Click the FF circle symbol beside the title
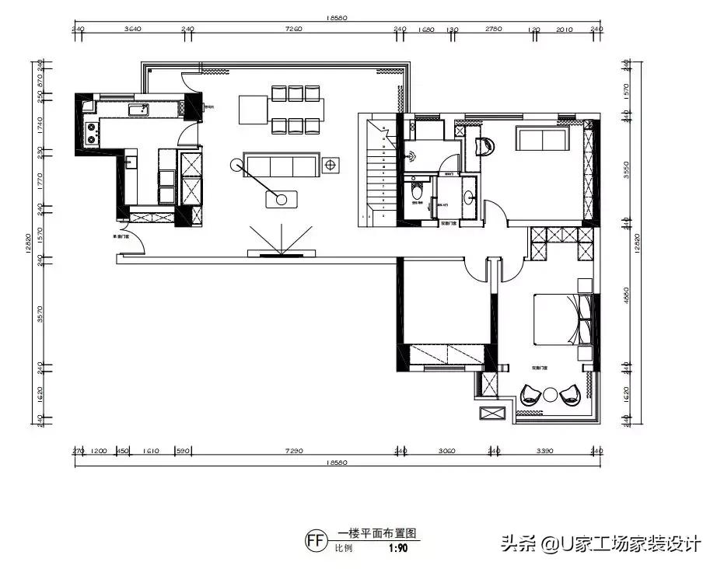pyautogui.click(x=316, y=540)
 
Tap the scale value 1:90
pyautogui.click(x=397, y=547)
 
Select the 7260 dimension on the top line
pyautogui.click(x=293, y=29)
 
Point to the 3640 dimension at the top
pyautogui.click(x=133, y=29)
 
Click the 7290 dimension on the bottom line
pyautogui.click(x=294, y=450)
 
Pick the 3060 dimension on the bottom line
pyautogui.click(x=446, y=450)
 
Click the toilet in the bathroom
pyautogui.click(x=417, y=190)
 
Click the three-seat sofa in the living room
pyautogui.click(x=279, y=165)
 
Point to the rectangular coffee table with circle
pyautogui.click(x=282, y=199)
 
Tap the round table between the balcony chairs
pyautogui.click(x=550, y=395)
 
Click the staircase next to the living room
pyautogui.click(x=377, y=171)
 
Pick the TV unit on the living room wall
pyautogui.click(x=282, y=253)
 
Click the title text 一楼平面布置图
pyautogui.click(x=377, y=534)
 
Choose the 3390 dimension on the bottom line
pyautogui.click(x=544, y=450)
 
